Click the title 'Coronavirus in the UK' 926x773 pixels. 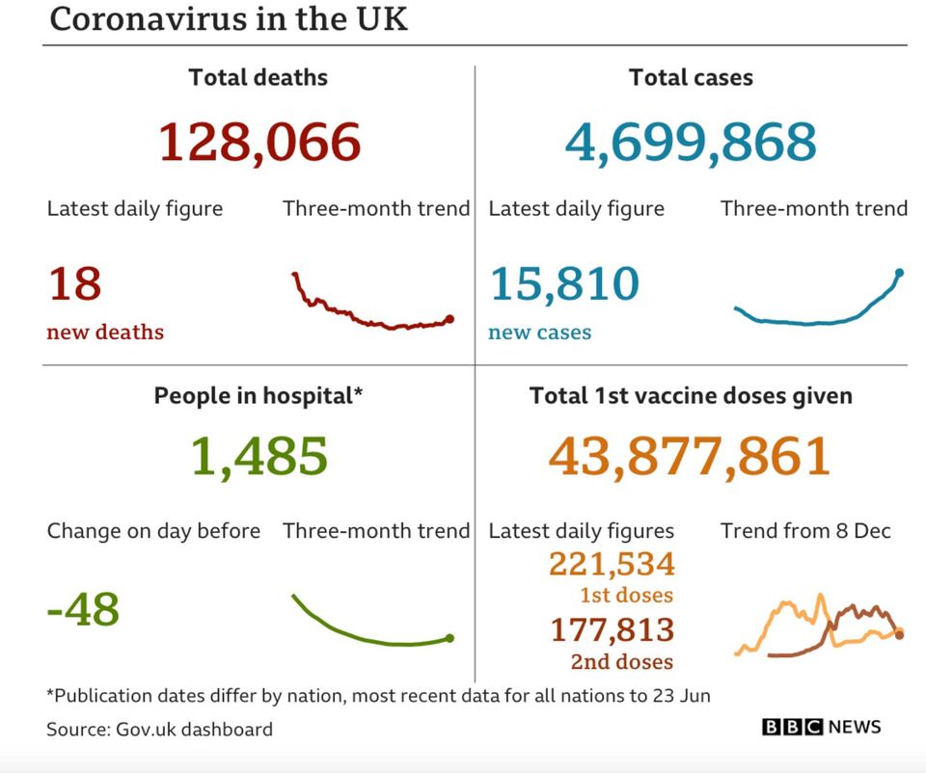coord(228,19)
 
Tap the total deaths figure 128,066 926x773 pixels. coord(259,142)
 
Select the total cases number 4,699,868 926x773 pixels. coord(691,142)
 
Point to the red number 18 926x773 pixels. coord(74,284)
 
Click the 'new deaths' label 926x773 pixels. coord(105,333)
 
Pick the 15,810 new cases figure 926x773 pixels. coord(564,284)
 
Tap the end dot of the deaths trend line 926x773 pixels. coord(449,319)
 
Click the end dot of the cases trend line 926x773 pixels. coord(899,273)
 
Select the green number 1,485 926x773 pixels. coord(259,456)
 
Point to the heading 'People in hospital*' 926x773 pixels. coord(259,396)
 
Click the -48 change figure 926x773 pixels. coord(83,609)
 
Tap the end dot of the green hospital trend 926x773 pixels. coord(449,637)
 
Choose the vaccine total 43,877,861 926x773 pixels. coord(690,456)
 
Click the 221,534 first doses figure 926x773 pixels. coord(612,564)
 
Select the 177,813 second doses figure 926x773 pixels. coord(612,630)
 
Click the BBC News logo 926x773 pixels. coord(821,727)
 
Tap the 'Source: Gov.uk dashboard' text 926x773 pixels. coord(159,730)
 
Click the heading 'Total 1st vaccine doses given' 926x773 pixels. coord(691,396)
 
